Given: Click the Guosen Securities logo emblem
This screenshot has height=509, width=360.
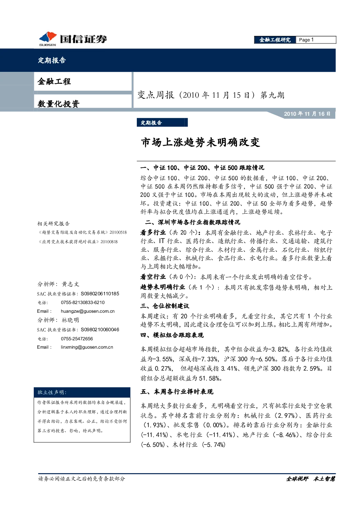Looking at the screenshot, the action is point(48,38).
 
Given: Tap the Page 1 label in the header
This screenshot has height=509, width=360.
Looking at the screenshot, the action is point(306,40).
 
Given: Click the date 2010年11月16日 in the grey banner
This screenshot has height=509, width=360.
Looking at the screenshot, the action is point(307,114).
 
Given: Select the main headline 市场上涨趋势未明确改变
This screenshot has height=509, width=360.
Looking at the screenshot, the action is point(200,143).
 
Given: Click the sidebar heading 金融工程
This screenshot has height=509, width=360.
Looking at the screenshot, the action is point(54,81).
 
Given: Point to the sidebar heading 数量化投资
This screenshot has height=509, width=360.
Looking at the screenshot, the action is point(58,104).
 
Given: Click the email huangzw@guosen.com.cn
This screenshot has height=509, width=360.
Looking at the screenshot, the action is point(88,311).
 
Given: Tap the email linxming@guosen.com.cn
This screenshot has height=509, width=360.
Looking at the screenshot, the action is point(87,347).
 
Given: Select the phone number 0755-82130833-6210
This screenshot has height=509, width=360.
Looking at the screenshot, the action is point(83,303).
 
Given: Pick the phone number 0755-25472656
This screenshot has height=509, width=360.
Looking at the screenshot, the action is point(77,338).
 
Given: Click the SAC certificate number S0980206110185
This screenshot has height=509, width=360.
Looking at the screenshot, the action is point(100,294).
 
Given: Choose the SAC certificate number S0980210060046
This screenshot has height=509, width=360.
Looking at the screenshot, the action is point(100,329).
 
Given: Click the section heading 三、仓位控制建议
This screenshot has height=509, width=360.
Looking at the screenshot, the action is point(165,306).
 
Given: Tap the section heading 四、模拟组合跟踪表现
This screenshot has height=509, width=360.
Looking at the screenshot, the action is point(172,335).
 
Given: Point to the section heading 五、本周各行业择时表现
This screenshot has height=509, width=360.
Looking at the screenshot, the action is point(177,392).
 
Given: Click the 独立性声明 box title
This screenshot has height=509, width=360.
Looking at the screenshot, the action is point(52,393).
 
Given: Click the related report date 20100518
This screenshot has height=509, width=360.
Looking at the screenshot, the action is point(118,232).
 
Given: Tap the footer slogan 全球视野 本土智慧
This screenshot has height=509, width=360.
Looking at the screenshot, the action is point(310,479).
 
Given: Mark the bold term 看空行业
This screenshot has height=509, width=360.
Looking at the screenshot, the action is point(153,277).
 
